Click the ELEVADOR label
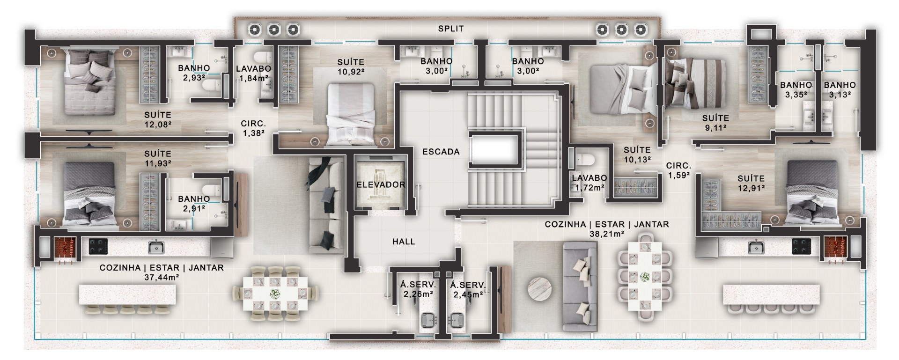pyautogui.click(x=381, y=184)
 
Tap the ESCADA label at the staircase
pyautogui.click(x=441, y=152)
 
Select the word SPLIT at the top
pyautogui.click(x=451, y=29)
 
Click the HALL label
pyautogui.click(x=404, y=242)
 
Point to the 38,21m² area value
pyautogui.click(x=607, y=234)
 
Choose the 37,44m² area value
pyautogui.click(x=162, y=277)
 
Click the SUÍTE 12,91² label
pyautogui.click(x=751, y=183)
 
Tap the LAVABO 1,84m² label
pyautogui.click(x=253, y=73)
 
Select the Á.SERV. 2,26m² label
pyautogui.click(x=418, y=289)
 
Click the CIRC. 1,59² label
pyautogui.click(x=678, y=170)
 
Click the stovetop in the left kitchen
pyautogui.click(x=98, y=246)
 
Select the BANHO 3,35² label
pyautogui.click(x=796, y=89)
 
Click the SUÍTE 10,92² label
pyautogui.click(x=351, y=66)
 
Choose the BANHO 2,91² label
pyautogui.click(x=194, y=203)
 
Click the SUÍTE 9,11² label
pyautogui.click(x=715, y=123)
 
